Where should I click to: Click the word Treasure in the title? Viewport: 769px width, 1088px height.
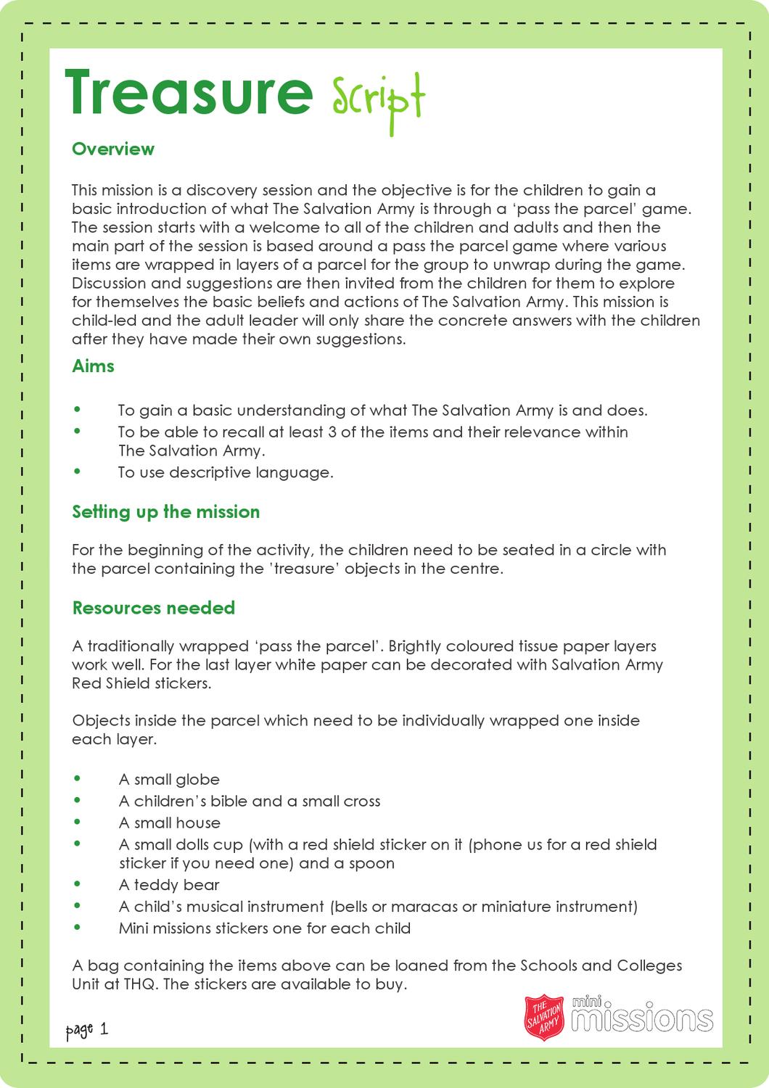point(189,93)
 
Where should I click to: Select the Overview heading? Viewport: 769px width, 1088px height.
point(113,149)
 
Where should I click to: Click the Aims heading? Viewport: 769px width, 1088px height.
point(93,366)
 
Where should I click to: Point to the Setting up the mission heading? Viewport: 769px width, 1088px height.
point(165,511)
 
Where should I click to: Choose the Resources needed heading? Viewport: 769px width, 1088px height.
point(153,607)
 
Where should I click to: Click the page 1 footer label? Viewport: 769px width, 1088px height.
point(86,1029)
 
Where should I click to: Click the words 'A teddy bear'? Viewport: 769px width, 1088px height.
point(169,884)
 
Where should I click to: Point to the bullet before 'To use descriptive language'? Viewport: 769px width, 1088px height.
point(78,472)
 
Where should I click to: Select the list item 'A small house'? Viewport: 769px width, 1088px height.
point(169,823)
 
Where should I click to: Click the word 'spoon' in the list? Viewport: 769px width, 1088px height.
point(371,863)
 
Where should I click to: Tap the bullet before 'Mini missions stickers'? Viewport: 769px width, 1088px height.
point(78,928)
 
